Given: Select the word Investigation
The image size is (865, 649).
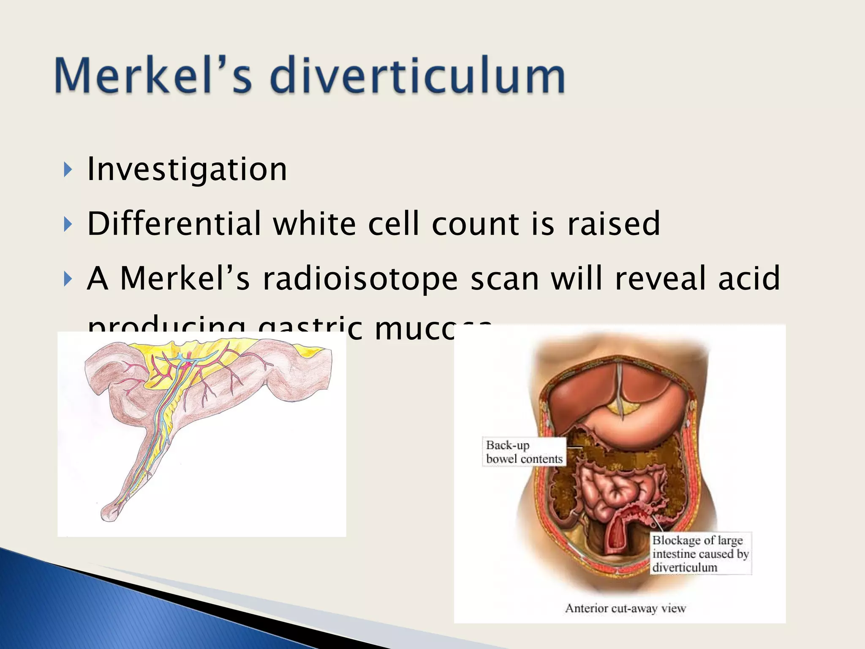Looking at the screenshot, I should pyautogui.click(x=187, y=169).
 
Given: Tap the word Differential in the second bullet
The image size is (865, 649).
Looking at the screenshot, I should pyautogui.click(x=174, y=224).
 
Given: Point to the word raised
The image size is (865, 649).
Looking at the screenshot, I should pyautogui.click(x=613, y=224).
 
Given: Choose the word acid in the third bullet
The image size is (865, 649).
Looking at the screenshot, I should pyautogui.click(x=748, y=278).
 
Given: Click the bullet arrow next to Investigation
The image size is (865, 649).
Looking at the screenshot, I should pyautogui.click(x=68, y=170).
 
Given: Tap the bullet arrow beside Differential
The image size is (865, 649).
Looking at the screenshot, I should pyautogui.click(x=68, y=225).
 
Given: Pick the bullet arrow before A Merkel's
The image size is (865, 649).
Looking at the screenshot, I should pyautogui.click(x=68, y=279).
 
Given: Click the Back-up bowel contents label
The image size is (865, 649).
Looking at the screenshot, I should pyautogui.click(x=524, y=452).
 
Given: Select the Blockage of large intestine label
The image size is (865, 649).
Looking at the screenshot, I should pyautogui.click(x=700, y=554).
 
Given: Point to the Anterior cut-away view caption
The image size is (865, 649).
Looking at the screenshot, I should pyautogui.click(x=625, y=608).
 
